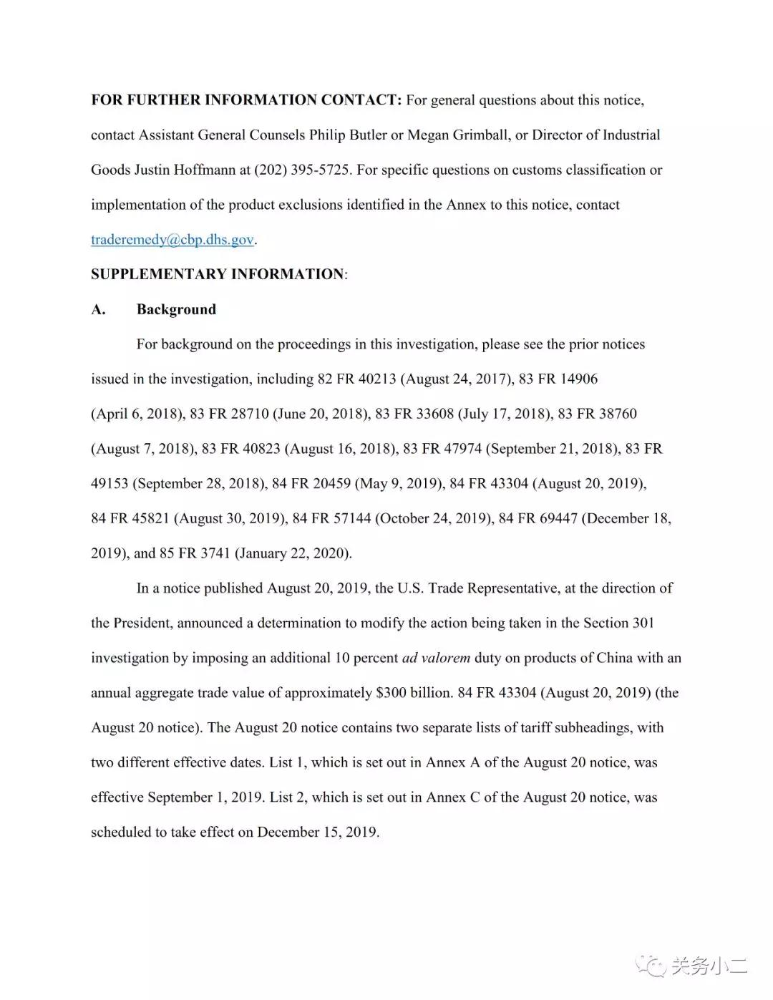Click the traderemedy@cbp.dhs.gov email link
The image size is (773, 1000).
172,240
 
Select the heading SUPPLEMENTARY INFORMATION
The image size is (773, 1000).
217,274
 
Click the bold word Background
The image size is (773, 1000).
176,309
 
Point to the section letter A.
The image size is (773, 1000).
98,309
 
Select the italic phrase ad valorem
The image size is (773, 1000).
436,658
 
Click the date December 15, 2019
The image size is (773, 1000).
317,832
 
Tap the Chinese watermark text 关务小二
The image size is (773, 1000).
709,966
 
